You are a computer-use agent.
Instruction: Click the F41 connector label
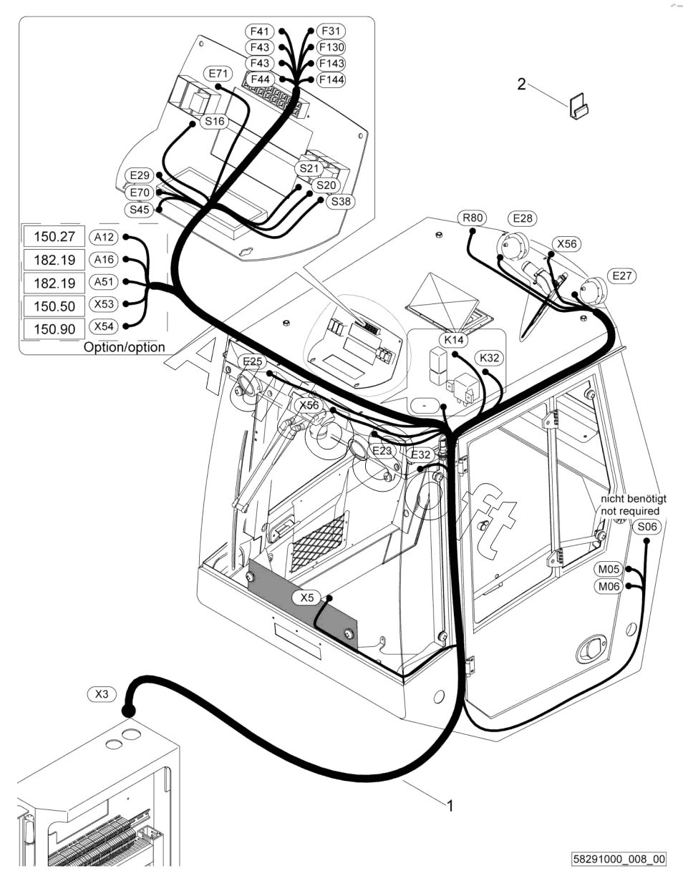pos(259,31)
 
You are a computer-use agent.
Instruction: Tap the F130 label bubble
pos(331,47)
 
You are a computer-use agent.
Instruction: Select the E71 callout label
pos(218,74)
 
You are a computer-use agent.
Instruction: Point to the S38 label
pos(341,201)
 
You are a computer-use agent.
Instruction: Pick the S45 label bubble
pos(138,210)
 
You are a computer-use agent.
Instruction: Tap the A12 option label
pos(104,237)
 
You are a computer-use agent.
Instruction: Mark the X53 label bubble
pos(104,304)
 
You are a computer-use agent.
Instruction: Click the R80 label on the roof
pos(473,218)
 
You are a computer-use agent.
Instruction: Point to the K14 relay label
pos(454,340)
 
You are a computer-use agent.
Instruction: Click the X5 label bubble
pos(307,598)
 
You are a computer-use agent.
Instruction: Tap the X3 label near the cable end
pos(102,693)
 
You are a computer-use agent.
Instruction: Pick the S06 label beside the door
pos(646,527)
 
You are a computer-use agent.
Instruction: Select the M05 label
pos(609,569)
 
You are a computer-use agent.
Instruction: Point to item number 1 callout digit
pos(450,805)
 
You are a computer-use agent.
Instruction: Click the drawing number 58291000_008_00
pos(619,859)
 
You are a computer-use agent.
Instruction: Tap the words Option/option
pos(124,347)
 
